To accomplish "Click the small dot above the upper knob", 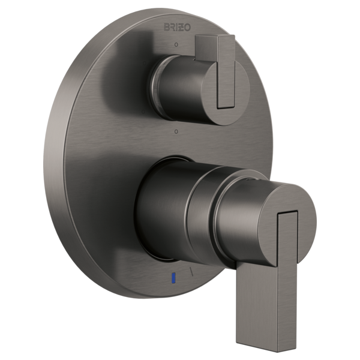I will tap(175, 46).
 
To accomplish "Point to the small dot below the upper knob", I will tap(175, 130).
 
